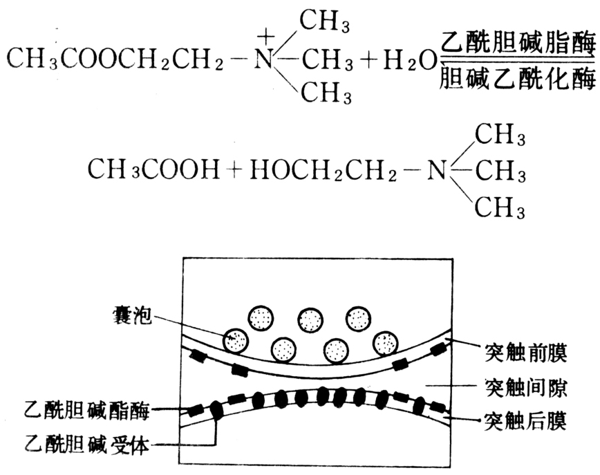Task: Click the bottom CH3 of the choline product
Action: (x=499, y=205)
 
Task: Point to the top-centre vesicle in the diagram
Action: (x=310, y=319)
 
